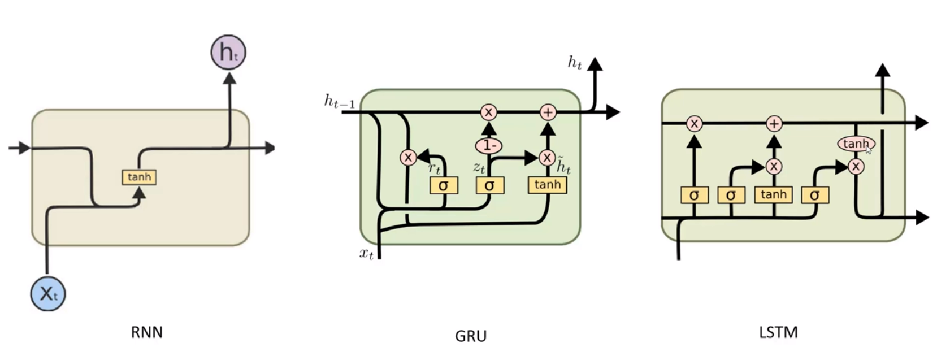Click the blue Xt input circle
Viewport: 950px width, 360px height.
point(48,293)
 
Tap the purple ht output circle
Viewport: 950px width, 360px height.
point(228,53)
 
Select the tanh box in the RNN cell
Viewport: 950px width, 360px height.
point(139,177)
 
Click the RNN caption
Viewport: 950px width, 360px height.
point(147,332)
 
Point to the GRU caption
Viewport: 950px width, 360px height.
point(470,336)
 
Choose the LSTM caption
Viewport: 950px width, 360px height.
point(778,332)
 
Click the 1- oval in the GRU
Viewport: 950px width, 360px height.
point(489,146)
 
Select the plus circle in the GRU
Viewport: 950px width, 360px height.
point(547,112)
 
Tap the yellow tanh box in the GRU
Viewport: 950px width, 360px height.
point(547,185)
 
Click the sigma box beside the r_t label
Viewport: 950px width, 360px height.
point(444,185)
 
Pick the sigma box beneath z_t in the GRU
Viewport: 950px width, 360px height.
point(489,185)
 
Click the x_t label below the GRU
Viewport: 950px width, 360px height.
point(366,254)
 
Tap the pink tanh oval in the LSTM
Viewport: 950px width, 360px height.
point(856,144)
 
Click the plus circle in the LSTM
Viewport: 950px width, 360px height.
point(774,123)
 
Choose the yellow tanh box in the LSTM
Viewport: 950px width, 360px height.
point(773,195)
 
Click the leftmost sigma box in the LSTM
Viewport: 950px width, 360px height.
point(694,196)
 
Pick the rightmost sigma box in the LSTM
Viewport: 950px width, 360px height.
point(814,196)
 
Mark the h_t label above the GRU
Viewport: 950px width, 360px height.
point(575,63)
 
